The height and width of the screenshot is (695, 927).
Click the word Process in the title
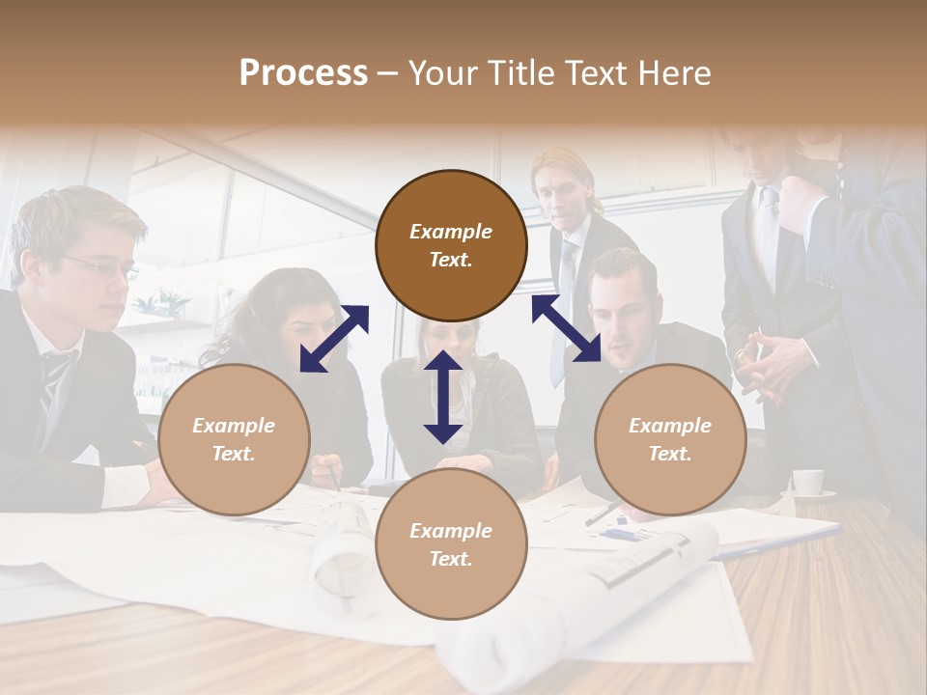coord(303,73)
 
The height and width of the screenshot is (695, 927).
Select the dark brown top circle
coord(451,246)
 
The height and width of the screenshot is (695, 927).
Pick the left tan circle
coord(234,440)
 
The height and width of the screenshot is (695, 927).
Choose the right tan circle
coord(670,440)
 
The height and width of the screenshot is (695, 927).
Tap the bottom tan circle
coord(451,544)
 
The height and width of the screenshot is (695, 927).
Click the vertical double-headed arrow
coord(443,397)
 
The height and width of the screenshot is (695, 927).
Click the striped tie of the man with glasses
coord(54,382)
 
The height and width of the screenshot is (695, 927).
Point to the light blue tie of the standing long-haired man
coord(563,299)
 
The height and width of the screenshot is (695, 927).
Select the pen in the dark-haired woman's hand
coord(335,477)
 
